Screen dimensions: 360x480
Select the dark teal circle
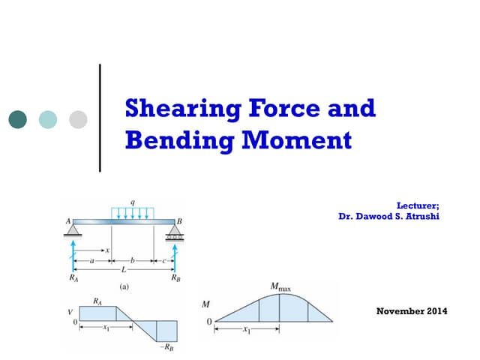(x=18, y=119)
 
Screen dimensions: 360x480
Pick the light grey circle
(x=78, y=119)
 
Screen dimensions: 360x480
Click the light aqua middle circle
(x=48, y=119)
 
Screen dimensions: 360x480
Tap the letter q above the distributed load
(x=133, y=202)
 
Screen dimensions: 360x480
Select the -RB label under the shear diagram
(x=172, y=349)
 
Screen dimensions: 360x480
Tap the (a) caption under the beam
(x=125, y=286)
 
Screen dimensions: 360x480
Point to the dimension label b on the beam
(x=133, y=260)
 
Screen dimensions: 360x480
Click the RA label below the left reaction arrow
(x=73, y=278)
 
